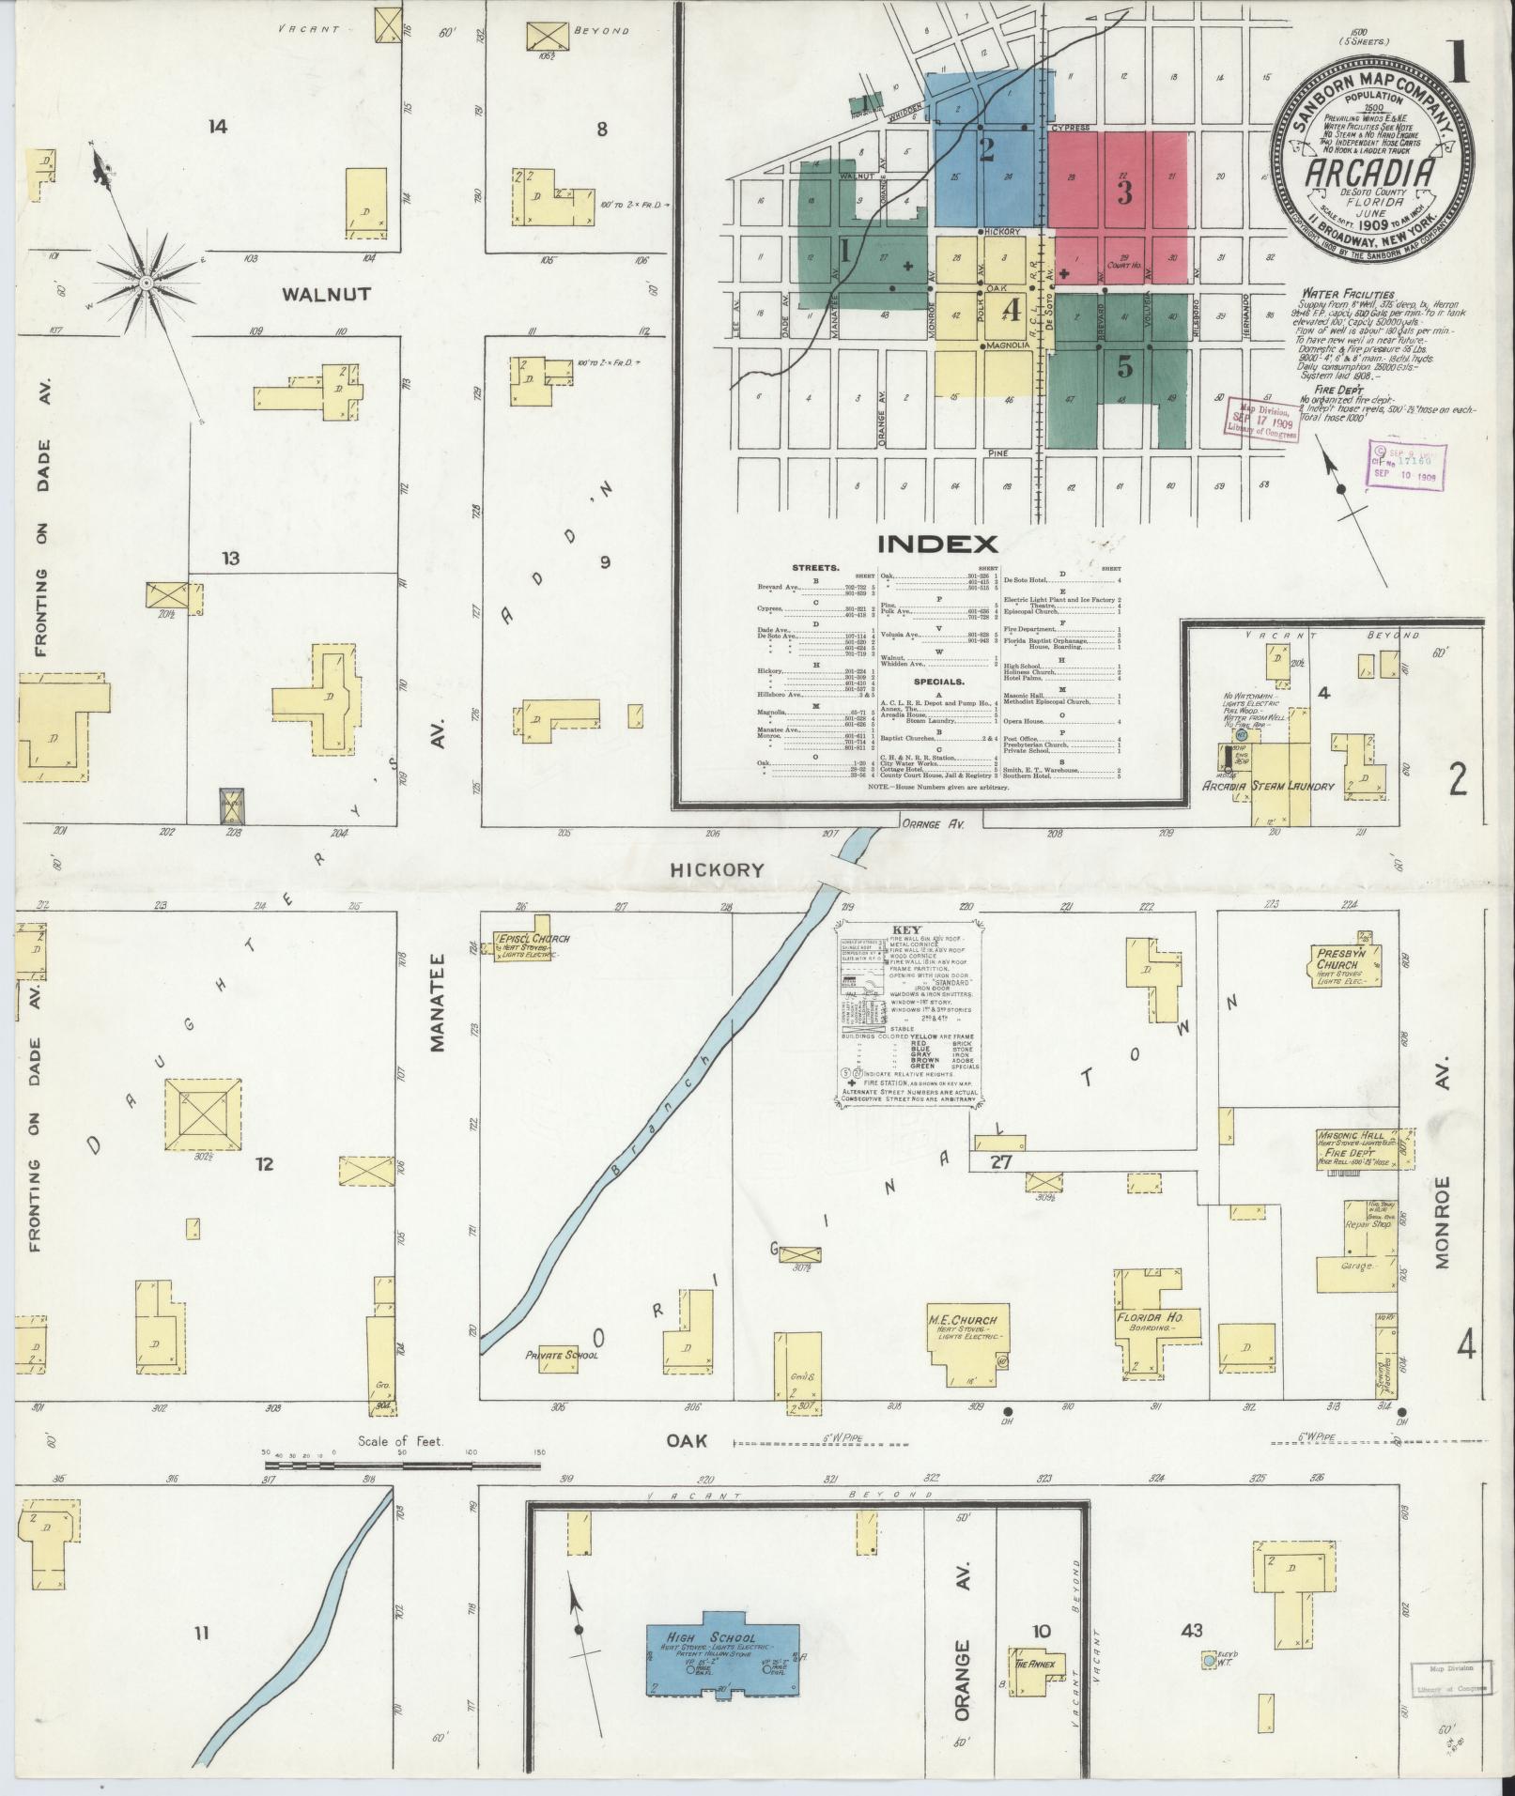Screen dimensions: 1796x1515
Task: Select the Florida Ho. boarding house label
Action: pyautogui.click(x=1149, y=1318)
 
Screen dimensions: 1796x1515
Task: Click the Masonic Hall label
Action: pyautogui.click(x=1349, y=1135)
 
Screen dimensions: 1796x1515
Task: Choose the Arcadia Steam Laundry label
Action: pyautogui.click(x=1268, y=786)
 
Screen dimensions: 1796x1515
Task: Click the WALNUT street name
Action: pyautogui.click(x=326, y=294)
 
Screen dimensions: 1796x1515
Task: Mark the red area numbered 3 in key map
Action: pyautogui.click(x=1123, y=192)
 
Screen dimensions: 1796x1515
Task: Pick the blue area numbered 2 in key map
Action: pyautogui.click(x=986, y=150)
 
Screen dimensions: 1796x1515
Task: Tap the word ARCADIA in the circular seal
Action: pyautogui.click(x=1371, y=175)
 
